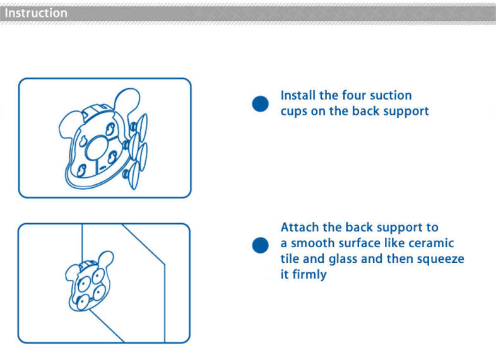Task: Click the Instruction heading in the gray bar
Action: (36, 13)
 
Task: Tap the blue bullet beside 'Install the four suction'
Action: (261, 103)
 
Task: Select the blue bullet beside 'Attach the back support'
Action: (261, 245)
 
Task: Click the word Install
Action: (298, 95)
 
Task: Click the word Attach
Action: (300, 227)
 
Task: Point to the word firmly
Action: (309, 275)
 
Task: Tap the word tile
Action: (290, 259)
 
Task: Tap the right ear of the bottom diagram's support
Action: (106, 259)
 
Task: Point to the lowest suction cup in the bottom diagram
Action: (83, 303)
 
